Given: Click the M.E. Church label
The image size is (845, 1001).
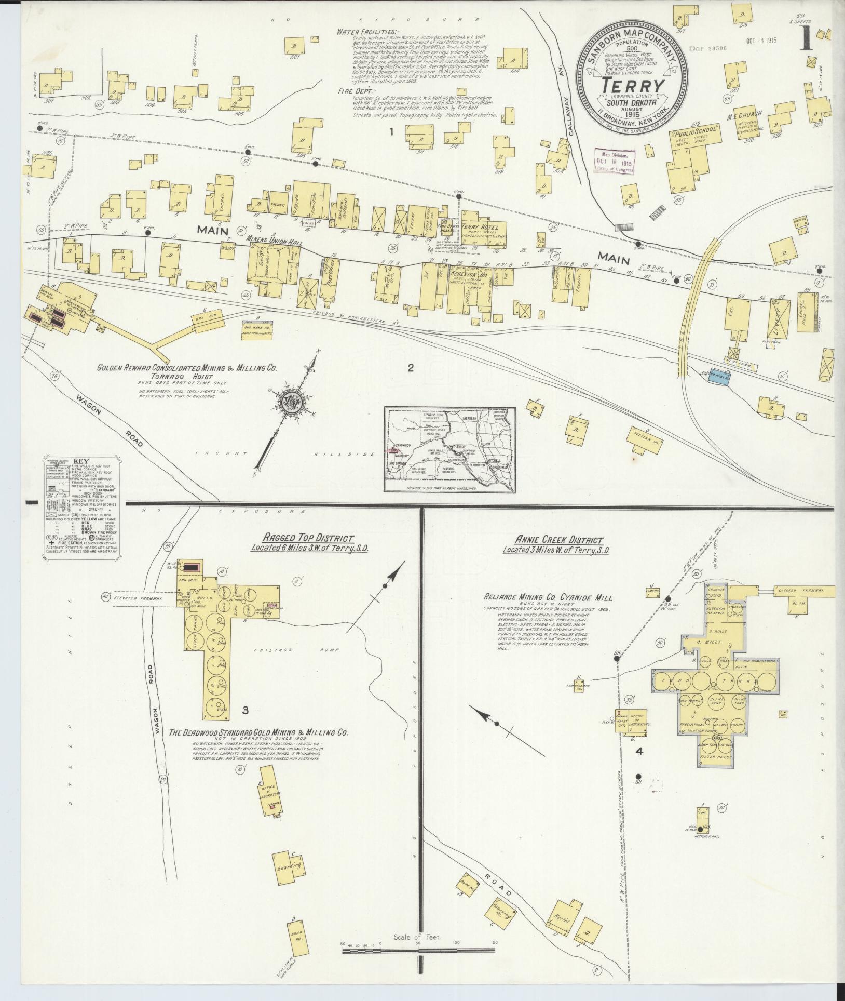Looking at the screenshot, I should tap(745, 114).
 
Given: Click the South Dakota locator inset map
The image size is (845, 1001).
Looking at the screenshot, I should tap(449, 449).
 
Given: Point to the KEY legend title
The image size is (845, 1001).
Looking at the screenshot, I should tap(81, 461).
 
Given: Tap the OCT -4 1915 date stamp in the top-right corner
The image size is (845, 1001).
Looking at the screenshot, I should tap(761, 41).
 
